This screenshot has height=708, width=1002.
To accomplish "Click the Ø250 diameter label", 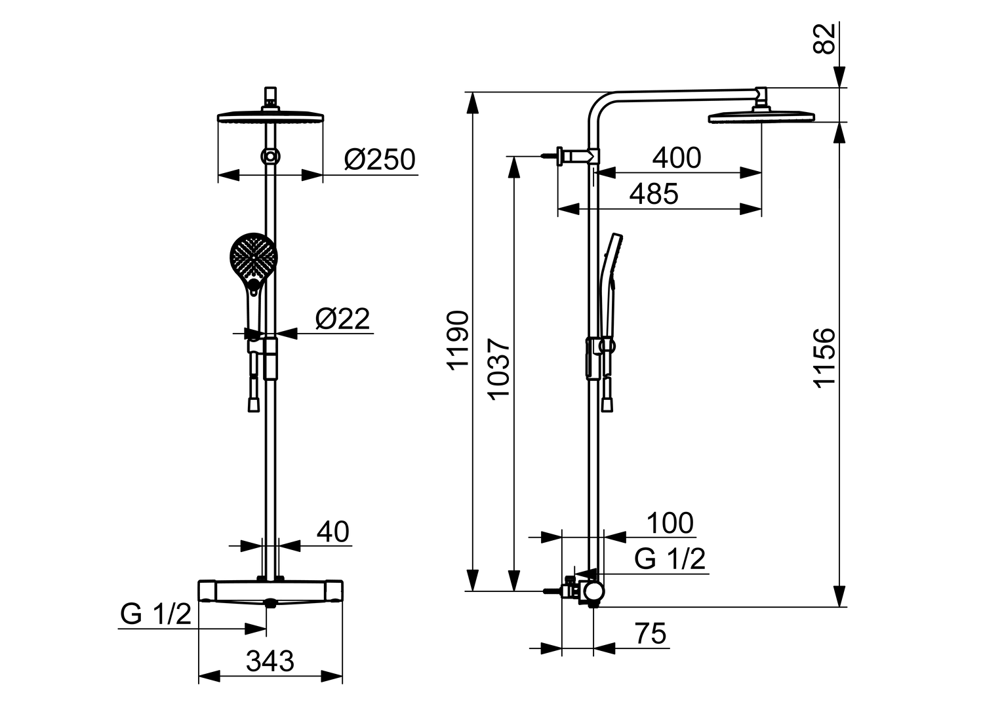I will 380,159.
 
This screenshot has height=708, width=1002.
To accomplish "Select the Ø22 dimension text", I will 342,319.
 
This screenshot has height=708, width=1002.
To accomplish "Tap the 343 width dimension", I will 270,661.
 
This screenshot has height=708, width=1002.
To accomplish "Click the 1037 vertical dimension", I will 498,368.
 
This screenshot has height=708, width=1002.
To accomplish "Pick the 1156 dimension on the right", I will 824,358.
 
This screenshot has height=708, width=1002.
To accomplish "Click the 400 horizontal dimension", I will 677,158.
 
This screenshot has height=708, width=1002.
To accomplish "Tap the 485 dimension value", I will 654,194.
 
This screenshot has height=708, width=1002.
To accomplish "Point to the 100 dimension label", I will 670,523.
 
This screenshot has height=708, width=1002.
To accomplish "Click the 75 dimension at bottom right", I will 650,634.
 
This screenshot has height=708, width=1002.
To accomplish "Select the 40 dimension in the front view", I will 332,532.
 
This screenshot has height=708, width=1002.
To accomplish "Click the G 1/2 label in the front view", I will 155,614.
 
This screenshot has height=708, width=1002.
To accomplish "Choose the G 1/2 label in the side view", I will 670,559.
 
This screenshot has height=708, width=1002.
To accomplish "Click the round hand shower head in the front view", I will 253,256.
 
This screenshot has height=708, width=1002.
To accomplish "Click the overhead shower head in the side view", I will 761,117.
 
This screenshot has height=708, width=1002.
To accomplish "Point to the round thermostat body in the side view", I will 593,591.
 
